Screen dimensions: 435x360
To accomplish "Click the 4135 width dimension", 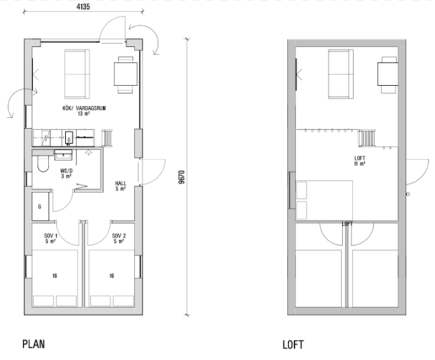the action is [x=83, y=7].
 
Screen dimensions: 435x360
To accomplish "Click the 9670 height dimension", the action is [x=182, y=177].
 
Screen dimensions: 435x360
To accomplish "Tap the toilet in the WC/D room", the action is [x=43, y=164].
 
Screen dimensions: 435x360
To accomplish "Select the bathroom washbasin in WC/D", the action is [x=63, y=155].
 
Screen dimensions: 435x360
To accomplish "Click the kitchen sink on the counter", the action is [x=69, y=137].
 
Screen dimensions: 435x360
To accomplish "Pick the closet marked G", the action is [x=40, y=206].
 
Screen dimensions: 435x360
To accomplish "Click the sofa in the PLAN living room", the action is [x=77, y=74].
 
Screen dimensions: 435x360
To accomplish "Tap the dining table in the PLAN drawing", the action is [x=126, y=74].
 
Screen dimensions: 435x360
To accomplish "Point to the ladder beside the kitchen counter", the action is [x=107, y=138].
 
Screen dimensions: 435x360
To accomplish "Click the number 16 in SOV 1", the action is [x=55, y=276].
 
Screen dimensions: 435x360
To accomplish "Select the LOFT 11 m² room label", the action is [x=360, y=161].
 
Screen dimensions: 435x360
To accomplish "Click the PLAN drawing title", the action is [x=34, y=344].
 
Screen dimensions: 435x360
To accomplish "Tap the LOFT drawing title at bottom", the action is [x=293, y=345].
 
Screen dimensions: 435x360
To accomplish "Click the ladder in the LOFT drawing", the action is [x=367, y=138].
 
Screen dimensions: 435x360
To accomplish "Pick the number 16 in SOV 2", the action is [x=112, y=276].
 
